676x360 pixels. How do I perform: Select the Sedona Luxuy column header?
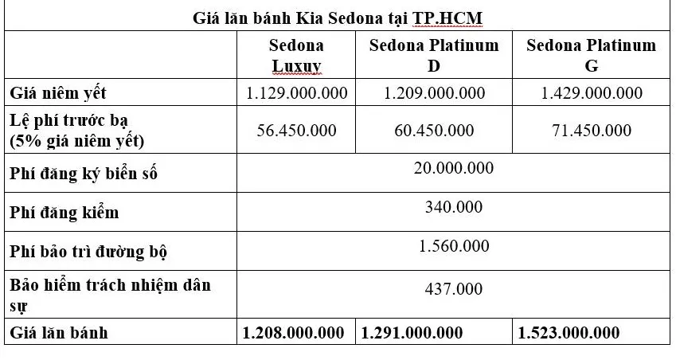click(x=296, y=56)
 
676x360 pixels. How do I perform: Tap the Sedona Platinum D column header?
click(x=434, y=56)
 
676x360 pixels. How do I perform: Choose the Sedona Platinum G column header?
click(x=591, y=56)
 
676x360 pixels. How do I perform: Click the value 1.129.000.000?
click(x=296, y=93)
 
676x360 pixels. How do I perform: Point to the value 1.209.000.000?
click(x=434, y=93)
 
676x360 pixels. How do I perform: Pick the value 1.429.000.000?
click(x=591, y=93)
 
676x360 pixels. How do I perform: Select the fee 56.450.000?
click(x=296, y=130)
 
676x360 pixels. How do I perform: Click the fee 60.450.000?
click(x=434, y=130)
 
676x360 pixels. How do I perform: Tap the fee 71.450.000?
click(x=591, y=130)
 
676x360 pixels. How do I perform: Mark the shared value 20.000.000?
click(x=454, y=168)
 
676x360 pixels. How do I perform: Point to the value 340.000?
click(x=454, y=208)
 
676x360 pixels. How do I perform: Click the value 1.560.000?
click(x=454, y=246)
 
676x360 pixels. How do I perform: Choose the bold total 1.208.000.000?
click(x=294, y=332)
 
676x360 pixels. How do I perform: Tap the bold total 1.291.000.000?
click(x=412, y=332)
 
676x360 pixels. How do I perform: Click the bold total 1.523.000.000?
click(x=569, y=332)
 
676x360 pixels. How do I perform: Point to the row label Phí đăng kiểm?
click(x=64, y=212)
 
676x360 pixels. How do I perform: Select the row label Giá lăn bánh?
click(x=58, y=332)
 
